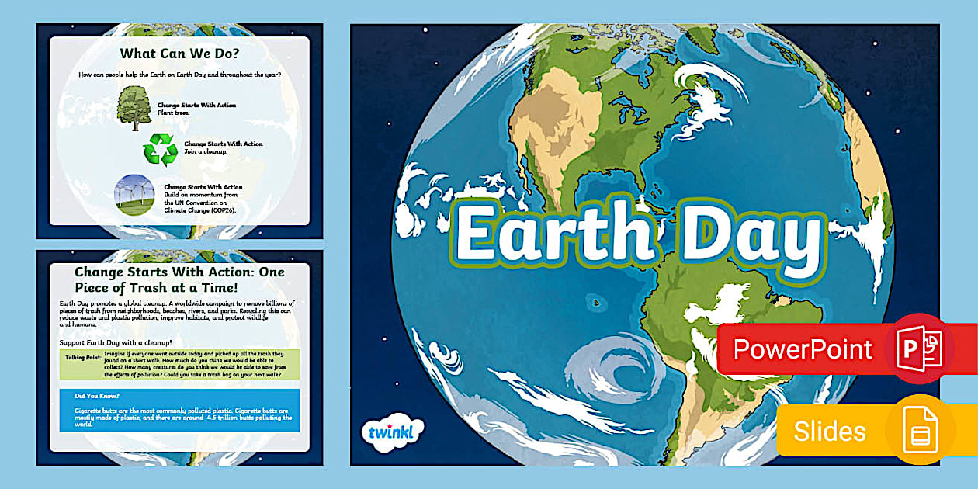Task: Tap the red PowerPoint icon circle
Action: (x=921, y=349)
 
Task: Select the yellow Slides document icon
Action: (x=921, y=430)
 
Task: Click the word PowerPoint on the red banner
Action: (x=803, y=349)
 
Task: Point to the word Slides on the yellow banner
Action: (x=829, y=431)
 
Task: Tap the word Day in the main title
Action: (x=745, y=233)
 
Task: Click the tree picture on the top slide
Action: (x=134, y=109)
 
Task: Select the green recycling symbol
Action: (x=160, y=148)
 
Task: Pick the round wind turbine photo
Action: (x=134, y=194)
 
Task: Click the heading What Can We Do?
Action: (x=179, y=54)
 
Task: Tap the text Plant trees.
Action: (x=173, y=113)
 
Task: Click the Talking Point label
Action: (x=81, y=358)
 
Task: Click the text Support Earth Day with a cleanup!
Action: (x=115, y=343)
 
